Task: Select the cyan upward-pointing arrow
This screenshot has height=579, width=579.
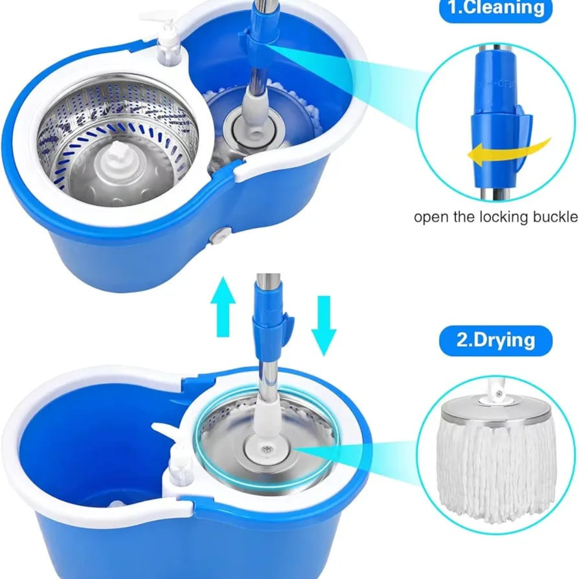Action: pyautogui.click(x=223, y=309)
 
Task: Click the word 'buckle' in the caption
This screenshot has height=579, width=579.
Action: pyautogui.click(x=548, y=217)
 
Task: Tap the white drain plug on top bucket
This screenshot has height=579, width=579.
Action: pyautogui.click(x=220, y=235)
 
